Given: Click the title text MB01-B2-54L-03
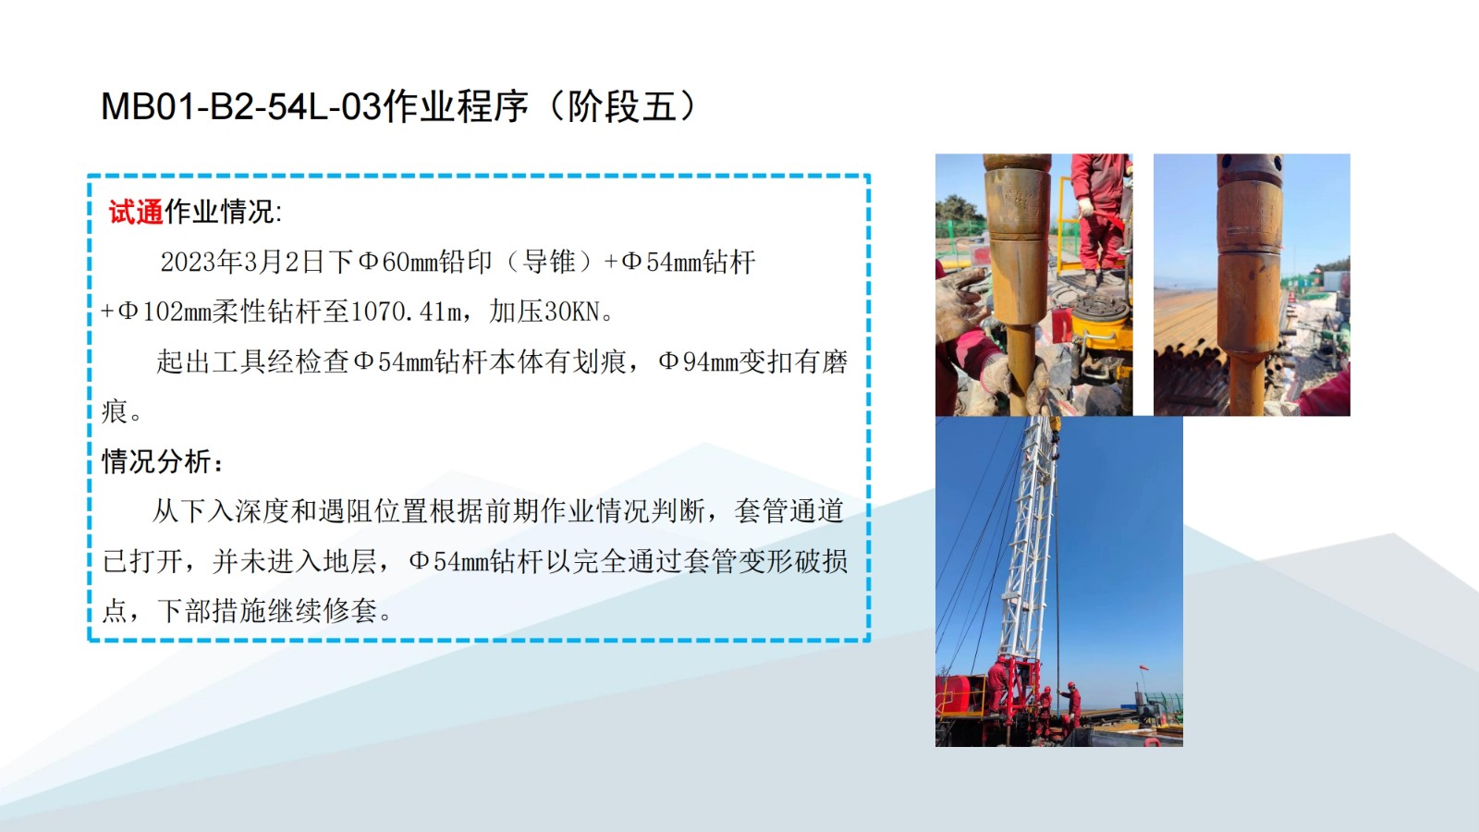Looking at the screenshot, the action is pos(241,105).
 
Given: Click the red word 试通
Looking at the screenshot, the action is pos(136,212).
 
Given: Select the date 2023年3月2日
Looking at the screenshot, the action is pos(241,263).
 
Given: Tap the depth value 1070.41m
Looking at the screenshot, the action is pos(407,312).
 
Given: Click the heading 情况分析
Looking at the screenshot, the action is pos(156,461).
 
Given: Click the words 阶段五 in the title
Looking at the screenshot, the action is pos(622,105).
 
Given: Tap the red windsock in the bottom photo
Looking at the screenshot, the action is pos(1143,669).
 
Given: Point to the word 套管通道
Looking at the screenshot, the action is pos(789,511).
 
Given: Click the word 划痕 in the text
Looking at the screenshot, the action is pos(599,361).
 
